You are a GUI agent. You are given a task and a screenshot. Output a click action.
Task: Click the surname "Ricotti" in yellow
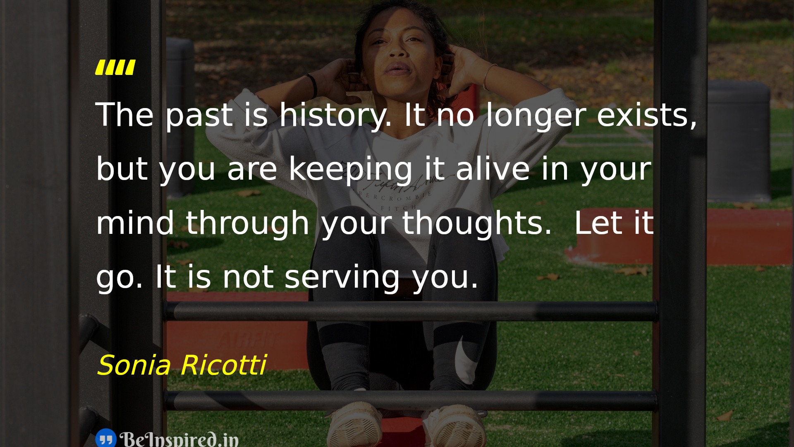(224, 365)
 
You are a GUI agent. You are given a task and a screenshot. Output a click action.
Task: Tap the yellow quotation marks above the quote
(115, 67)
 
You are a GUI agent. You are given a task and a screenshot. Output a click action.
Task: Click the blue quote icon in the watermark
(106, 438)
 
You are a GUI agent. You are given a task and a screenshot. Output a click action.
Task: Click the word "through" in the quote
(248, 223)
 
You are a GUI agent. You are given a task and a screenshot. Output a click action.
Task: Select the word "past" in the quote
(199, 116)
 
